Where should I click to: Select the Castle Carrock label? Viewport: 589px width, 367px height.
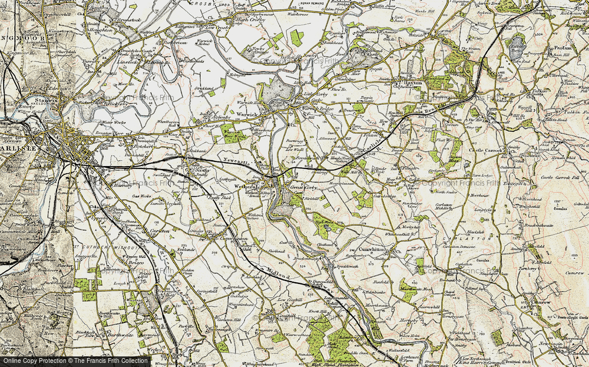click(x=487, y=151)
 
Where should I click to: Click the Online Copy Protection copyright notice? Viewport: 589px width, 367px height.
click(x=75, y=361)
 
